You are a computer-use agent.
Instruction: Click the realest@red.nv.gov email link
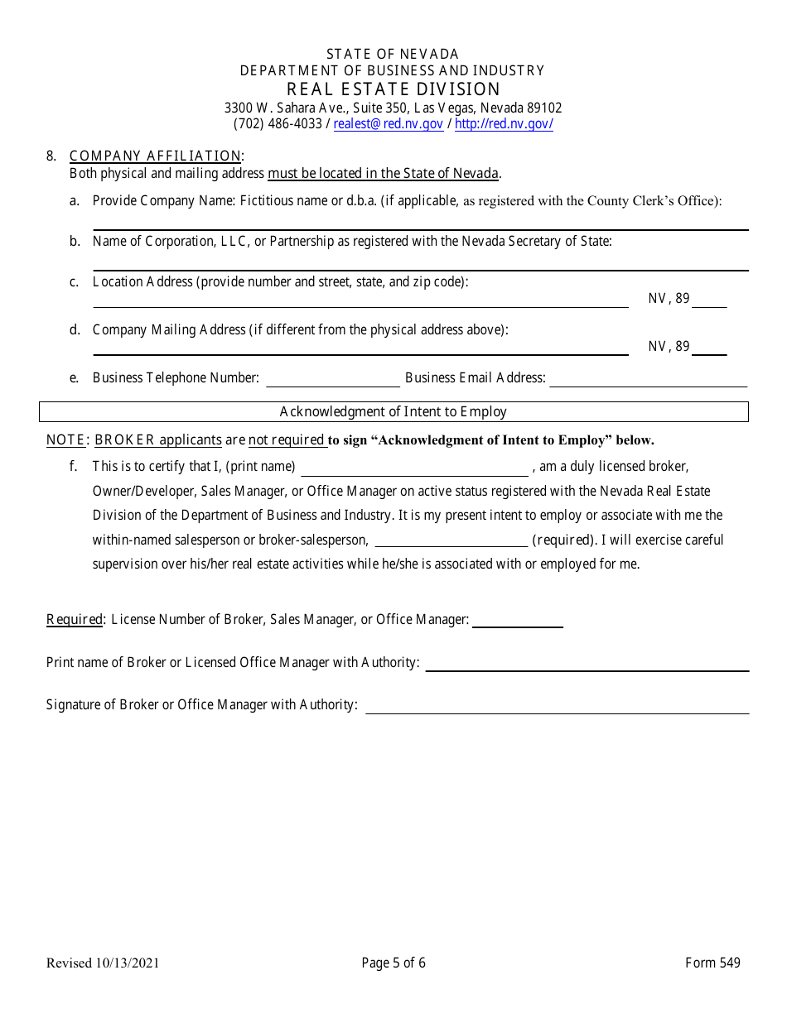click(x=389, y=124)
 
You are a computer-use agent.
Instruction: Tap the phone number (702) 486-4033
click(x=278, y=124)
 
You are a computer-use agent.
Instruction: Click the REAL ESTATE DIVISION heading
click(x=393, y=89)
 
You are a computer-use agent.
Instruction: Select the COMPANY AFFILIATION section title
click(x=155, y=156)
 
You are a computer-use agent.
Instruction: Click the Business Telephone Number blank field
click(x=332, y=379)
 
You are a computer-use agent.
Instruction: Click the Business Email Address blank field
click(x=648, y=379)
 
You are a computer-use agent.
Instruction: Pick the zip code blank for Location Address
click(x=709, y=300)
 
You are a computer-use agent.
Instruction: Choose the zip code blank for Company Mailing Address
click(x=709, y=348)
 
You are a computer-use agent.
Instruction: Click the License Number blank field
click(x=517, y=621)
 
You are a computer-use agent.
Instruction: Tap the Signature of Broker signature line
click(x=557, y=706)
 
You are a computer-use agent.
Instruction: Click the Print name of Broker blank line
click(x=587, y=664)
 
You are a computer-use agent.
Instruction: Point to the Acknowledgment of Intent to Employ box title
click(x=393, y=411)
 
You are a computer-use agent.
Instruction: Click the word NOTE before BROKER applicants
click(x=65, y=440)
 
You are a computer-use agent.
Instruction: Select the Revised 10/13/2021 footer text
click(x=103, y=963)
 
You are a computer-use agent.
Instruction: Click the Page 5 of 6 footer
click(x=393, y=963)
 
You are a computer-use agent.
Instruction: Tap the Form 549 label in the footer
click(x=712, y=963)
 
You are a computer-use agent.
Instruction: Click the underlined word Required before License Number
click(x=75, y=619)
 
